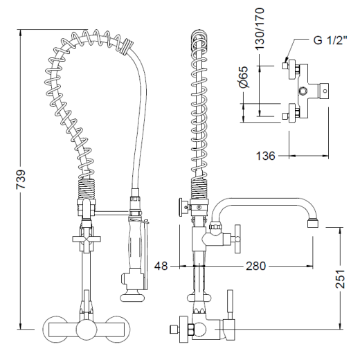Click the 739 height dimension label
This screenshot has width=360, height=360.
(21, 179)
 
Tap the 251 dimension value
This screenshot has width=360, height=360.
(340, 278)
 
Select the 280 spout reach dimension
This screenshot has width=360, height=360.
(255, 266)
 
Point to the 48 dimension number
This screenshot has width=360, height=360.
(161, 266)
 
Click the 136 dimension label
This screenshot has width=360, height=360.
(266, 156)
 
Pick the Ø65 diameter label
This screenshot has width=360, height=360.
(244, 77)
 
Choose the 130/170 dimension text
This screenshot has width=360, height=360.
(260, 28)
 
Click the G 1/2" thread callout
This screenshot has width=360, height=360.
(330, 40)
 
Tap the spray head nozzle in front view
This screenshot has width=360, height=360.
(131, 297)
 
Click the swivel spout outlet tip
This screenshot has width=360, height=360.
(313, 224)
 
